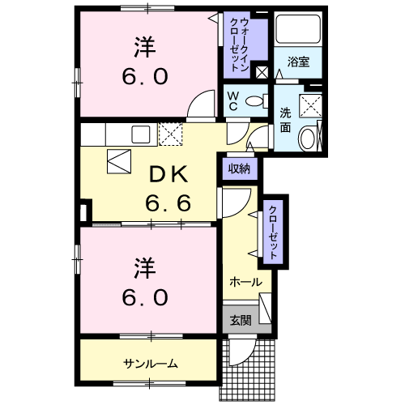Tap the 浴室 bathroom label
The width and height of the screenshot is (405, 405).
pyautogui.click(x=297, y=61)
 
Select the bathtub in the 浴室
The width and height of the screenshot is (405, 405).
pyautogui.click(x=297, y=31)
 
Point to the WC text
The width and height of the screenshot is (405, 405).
pyautogui.click(x=232, y=103)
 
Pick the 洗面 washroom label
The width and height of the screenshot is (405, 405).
pyautogui.click(x=286, y=120)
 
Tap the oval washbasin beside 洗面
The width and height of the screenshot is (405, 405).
pyautogui.click(x=308, y=139)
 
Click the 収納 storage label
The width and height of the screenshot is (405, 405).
pyautogui.click(x=238, y=168)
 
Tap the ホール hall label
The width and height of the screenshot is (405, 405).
pyautogui.click(x=245, y=282)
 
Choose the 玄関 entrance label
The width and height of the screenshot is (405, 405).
pyautogui.click(x=240, y=320)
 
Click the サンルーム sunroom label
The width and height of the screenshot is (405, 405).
pyautogui.click(x=151, y=363)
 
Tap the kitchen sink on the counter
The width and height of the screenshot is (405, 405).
pyautogui.click(x=140, y=134)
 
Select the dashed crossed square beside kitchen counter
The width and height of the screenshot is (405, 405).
pyautogui.click(x=171, y=134)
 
